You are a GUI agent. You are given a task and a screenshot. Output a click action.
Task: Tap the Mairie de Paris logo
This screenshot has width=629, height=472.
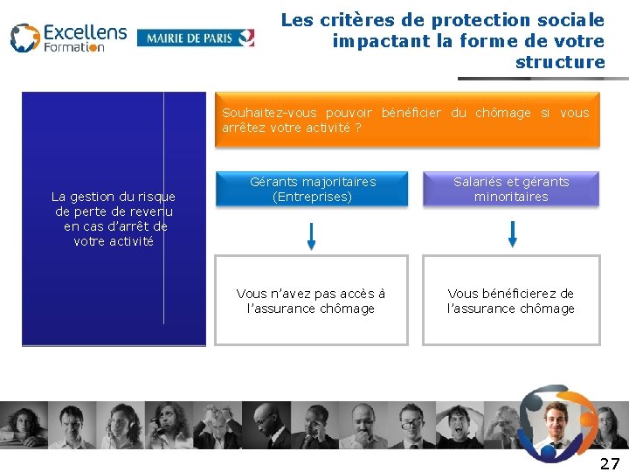coord(196,38)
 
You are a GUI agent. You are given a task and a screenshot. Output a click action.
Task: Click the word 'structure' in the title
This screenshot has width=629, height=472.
coord(560,62)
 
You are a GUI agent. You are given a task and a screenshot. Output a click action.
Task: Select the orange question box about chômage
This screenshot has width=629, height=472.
coord(405,120)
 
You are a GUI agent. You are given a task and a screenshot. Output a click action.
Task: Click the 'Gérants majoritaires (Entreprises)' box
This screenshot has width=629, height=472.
coord(313,189)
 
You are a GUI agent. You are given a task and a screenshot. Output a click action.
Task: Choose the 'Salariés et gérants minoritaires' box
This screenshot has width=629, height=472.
coord(511,189)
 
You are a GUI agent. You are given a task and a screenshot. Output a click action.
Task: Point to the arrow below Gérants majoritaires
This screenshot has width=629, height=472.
coord(312,235)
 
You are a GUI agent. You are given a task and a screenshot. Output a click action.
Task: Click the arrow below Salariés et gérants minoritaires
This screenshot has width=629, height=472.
coord(513,233)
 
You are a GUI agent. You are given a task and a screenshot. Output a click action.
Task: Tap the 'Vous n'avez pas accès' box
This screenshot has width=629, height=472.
coord(311,301)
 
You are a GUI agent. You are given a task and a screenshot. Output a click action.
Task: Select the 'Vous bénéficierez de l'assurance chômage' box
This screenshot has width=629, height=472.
coord(511,301)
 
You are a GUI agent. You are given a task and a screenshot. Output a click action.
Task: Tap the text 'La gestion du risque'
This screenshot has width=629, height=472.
coord(114,197)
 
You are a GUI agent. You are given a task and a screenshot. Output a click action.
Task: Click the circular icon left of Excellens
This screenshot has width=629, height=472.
coord(24,38)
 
